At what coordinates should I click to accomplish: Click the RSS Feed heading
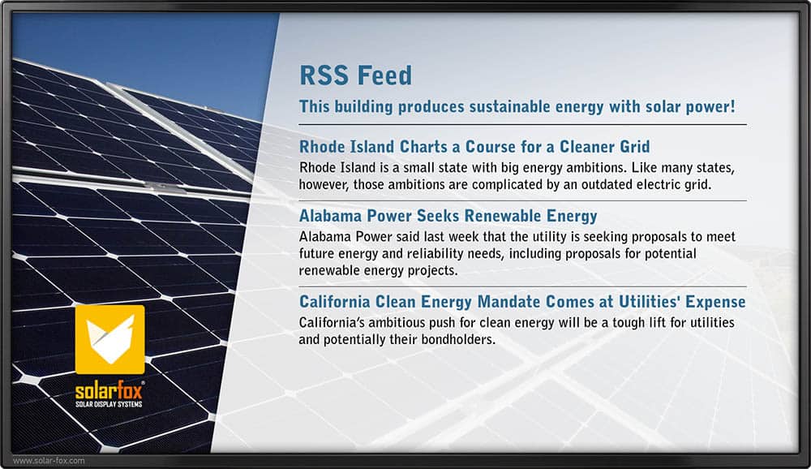[356, 75]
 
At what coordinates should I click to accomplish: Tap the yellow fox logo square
[109, 339]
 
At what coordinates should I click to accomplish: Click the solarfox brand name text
[109, 389]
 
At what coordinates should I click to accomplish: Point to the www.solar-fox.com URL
[49, 460]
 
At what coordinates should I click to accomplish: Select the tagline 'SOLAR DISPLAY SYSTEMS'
[109, 404]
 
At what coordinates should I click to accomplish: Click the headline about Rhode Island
[474, 147]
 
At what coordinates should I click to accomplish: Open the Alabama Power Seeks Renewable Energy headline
[448, 215]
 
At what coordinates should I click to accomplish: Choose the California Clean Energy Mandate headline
[522, 301]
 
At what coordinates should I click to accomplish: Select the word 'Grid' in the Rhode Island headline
[635, 147]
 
